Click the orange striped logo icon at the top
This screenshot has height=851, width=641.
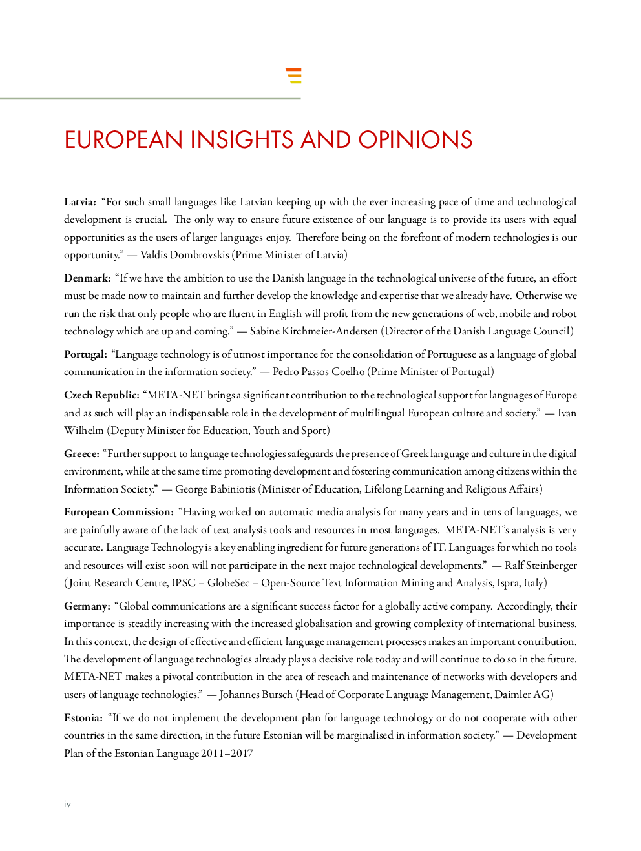click(294, 76)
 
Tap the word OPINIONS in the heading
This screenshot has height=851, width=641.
click(415, 140)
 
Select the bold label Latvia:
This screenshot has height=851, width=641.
click(80, 202)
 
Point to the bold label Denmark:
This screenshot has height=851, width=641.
click(87, 278)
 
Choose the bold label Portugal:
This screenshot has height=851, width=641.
click(85, 354)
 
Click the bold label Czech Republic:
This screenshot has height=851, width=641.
click(101, 395)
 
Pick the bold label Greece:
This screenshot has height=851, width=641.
click(81, 454)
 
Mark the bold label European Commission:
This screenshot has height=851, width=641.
click(119, 512)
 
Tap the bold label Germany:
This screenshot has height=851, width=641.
click(87, 606)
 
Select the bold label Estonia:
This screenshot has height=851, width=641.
click(83, 718)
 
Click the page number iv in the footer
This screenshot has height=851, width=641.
click(67, 804)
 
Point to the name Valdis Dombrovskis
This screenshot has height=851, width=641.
click(184, 255)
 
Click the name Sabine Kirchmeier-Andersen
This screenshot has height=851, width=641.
click(313, 331)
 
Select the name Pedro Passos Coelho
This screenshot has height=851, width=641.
click(319, 372)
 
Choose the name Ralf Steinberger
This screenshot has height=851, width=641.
click(540, 566)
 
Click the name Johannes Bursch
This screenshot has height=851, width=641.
click(256, 695)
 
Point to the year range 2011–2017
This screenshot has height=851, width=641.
click(227, 754)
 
